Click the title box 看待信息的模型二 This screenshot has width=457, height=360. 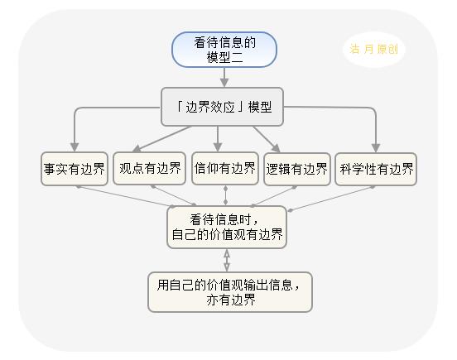click(x=224, y=50)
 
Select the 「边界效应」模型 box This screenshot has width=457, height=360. click(x=222, y=107)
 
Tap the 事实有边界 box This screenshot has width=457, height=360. click(x=75, y=169)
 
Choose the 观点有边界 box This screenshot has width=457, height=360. click(x=150, y=168)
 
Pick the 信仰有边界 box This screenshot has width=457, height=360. click(x=225, y=168)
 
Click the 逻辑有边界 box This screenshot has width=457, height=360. click(x=297, y=169)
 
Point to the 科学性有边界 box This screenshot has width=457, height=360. click(x=376, y=169)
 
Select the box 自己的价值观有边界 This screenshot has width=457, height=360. click(x=227, y=228)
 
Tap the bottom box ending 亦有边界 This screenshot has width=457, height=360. click(x=230, y=292)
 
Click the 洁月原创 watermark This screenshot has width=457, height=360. click(x=374, y=49)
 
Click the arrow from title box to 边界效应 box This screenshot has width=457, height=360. click(x=224, y=77)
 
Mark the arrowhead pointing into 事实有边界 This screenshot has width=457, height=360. click(x=75, y=147)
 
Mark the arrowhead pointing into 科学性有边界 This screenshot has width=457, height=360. click(x=376, y=147)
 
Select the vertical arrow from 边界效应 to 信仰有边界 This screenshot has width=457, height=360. click(x=218, y=139)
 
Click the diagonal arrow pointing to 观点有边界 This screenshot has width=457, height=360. click(x=162, y=139)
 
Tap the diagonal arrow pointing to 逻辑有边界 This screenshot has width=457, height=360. click(x=267, y=139)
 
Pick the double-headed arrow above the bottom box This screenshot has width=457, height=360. click(x=227, y=261)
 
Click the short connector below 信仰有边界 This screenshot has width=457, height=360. click(x=225, y=195)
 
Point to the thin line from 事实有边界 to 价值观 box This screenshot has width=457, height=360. click(x=125, y=197)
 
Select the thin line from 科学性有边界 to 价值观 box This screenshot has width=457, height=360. click(x=332, y=199)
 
